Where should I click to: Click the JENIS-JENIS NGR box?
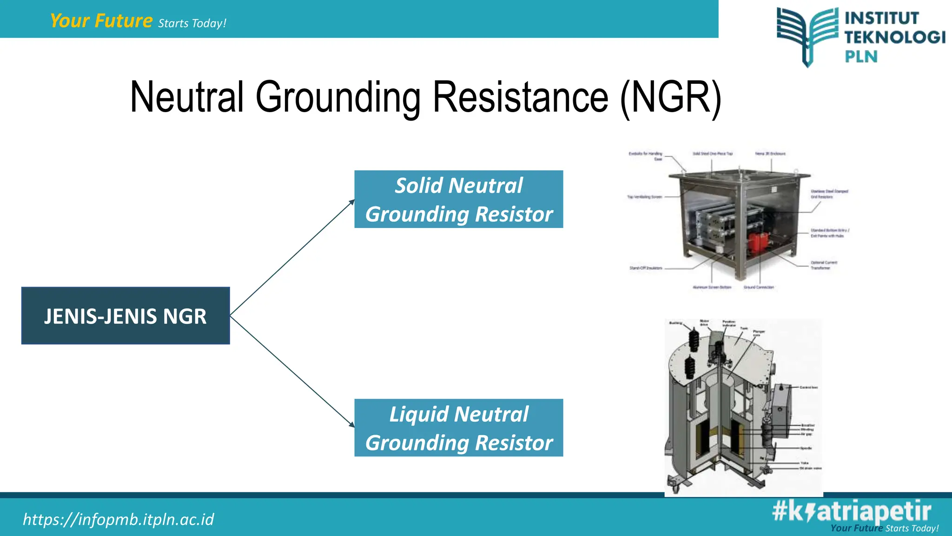(126, 316)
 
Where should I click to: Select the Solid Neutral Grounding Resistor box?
(458, 199)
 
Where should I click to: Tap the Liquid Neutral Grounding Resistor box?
(458, 428)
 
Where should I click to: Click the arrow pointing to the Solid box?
(293, 257)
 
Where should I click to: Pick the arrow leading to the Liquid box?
(293, 372)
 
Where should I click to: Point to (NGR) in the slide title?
(670, 98)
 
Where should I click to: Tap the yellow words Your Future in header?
(101, 21)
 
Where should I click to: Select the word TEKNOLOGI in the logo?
(895, 37)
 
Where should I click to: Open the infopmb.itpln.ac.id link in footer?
(119, 519)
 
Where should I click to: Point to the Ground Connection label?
(759, 288)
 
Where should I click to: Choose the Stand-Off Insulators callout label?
(646, 268)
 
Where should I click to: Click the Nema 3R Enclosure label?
(770, 154)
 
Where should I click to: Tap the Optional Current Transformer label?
(824, 265)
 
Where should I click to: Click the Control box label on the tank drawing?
(809, 387)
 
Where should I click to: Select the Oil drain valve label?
(811, 469)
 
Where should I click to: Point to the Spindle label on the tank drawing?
(806, 448)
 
